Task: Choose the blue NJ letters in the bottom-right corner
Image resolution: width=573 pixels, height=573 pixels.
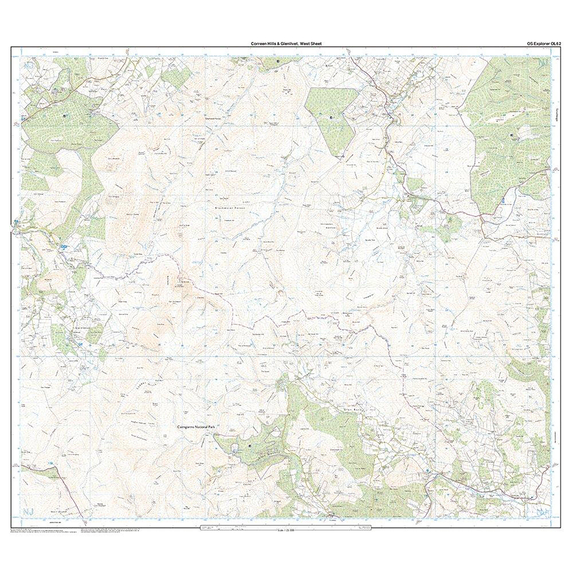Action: click(543, 511)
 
